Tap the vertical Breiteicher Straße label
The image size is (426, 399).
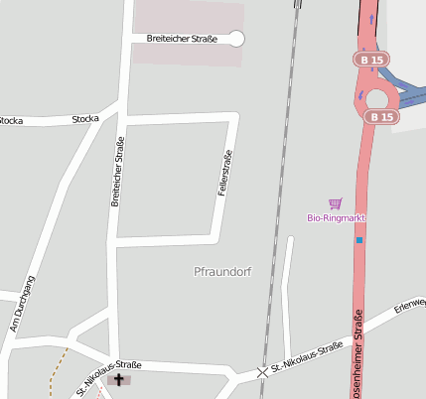(118, 171)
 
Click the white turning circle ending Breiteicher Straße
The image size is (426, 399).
(236, 39)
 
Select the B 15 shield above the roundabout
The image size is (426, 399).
(371, 61)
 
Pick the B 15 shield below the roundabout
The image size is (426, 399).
(380, 117)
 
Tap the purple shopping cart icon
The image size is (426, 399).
(336, 203)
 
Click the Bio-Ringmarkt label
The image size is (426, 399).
(336, 216)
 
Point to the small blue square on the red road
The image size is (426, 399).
(359, 239)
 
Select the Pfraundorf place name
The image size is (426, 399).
(223, 270)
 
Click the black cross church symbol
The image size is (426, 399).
(120, 379)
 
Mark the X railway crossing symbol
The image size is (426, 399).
(263, 372)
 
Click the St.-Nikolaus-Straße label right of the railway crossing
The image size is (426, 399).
(308, 358)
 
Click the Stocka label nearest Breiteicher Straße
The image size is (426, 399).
(85, 119)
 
